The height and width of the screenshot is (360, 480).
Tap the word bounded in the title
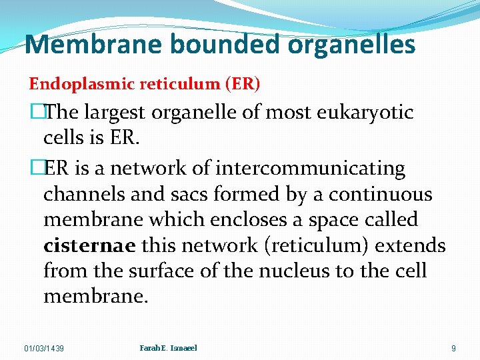click(x=204, y=45)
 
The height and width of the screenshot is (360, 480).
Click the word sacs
click(x=193, y=195)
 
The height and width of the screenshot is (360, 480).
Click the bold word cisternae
click(x=90, y=245)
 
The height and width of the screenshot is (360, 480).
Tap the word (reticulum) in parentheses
click(x=316, y=245)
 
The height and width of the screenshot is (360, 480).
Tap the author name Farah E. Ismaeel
click(x=169, y=347)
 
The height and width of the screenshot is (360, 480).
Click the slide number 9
click(x=453, y=348)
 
